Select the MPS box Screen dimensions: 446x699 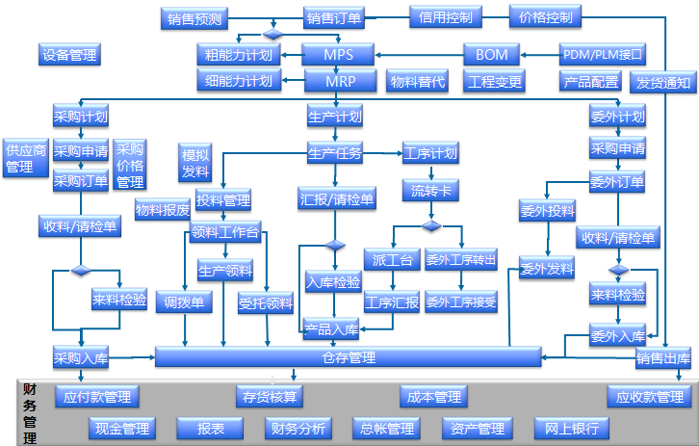338,55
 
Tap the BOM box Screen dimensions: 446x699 491,54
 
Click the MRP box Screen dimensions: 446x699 338,81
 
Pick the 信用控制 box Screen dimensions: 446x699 446,16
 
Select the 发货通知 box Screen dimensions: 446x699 663,82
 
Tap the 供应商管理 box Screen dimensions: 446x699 26,158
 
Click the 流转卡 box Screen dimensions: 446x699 430,190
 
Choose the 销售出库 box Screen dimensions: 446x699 662,359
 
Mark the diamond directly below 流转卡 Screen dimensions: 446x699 430,225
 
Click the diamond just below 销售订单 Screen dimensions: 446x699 272,35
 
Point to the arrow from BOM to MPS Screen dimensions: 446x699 419,55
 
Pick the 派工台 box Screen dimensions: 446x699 391,259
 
